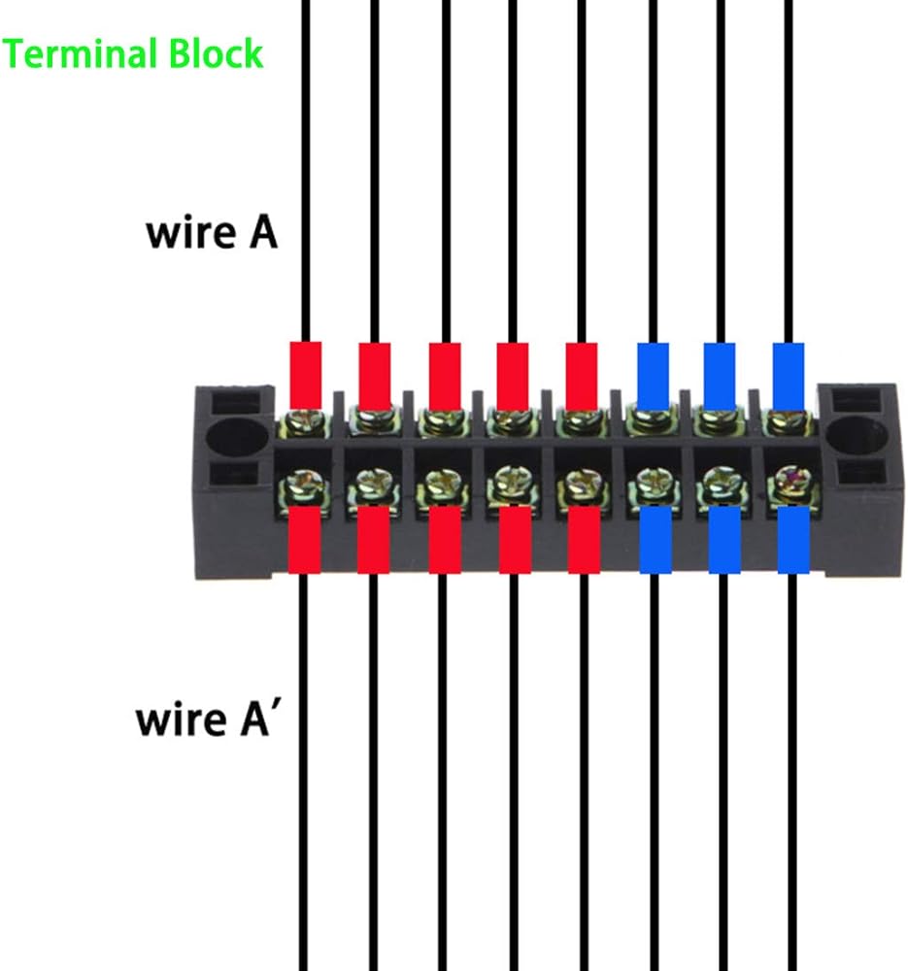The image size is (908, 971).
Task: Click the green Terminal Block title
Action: [x=134, y=53]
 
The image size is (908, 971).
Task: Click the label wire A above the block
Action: [x=212, y=234]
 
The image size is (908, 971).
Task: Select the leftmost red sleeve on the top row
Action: [x=306, y=375]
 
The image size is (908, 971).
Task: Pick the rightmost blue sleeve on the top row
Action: [x=788, y=376]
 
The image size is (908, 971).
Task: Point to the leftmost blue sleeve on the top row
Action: [x=652, y=376]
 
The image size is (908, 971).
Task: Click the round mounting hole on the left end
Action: [x=233, y=437]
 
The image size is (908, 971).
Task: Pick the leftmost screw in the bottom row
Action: [x=302, y=483]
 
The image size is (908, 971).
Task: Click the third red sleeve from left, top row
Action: [x=444, y=376]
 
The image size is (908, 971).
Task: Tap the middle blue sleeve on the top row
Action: [x=720, y=376]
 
